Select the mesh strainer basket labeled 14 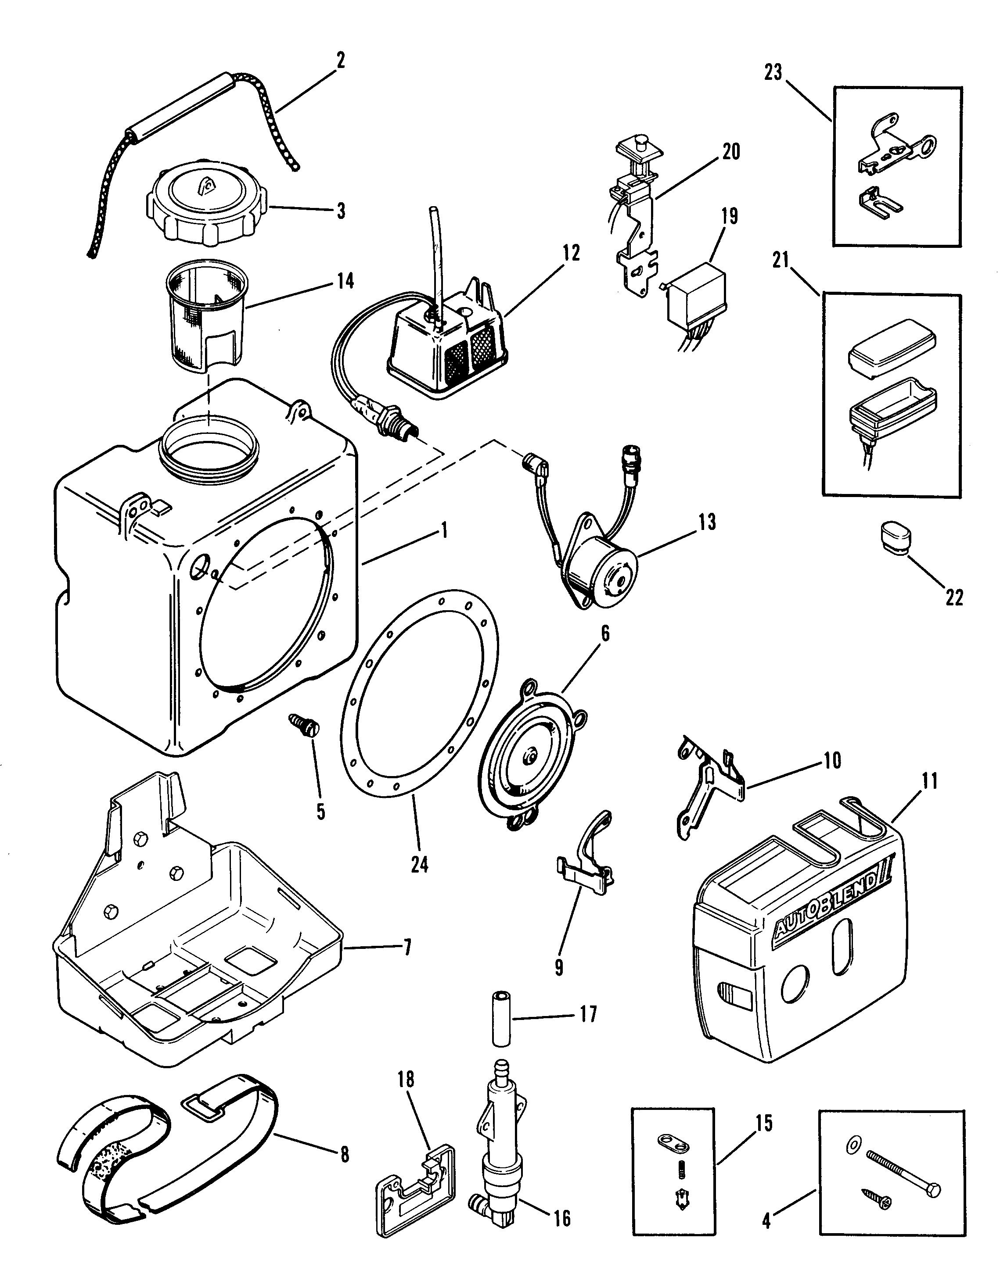coord(206,310)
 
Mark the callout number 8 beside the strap coord(344,1154)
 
